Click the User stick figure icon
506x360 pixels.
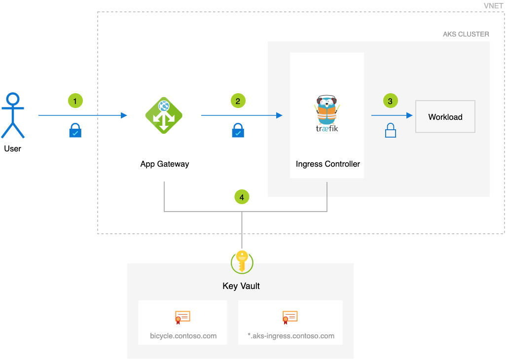(x=12, y=115)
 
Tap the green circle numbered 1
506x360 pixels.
(x=75, y=101)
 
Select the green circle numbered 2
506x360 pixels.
(x=238, y=101)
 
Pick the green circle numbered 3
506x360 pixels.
(x=390, y=101)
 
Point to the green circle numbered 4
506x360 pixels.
(x=242, y=197)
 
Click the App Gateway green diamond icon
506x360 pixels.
(x=164, y=115)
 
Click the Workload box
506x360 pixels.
(x=445, y=117)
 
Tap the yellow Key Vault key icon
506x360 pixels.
(x=242, y=261)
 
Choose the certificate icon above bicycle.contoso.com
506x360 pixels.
(x=182, y=317)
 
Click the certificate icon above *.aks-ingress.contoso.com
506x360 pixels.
(x=290, y=317)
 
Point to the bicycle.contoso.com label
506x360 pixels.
(x=183, y=336)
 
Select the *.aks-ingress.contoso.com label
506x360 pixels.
(x=290, y=336)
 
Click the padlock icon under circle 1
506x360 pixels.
(x=75, y=131)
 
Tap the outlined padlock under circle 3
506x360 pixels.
(x=390, y=131)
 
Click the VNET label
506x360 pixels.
(x=493, y=5)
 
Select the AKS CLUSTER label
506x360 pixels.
(x=466, y=35)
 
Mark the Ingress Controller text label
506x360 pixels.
(x=327, y=164)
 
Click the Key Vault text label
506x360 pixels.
(x=241, y=286)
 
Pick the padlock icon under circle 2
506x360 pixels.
(x=238, y=131)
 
